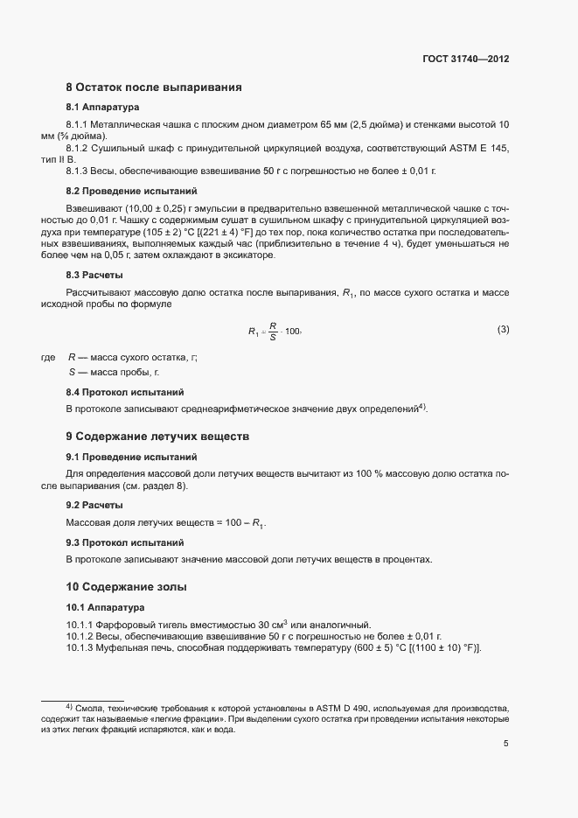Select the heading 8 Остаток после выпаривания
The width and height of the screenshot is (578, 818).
pyautogui.click(x=153, y=87)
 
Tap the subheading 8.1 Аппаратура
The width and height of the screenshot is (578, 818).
pyautogui.click(x=102, y=108)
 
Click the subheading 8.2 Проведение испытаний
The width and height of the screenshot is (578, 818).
pyautogui.click(x=131, y=190)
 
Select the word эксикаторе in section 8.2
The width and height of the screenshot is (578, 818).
pyautogui.click(x=247, y=255)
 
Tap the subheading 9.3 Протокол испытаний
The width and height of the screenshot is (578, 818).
pyautogui.click(x=124, y=543)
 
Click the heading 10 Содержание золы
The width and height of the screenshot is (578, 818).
pyautogui.click(x=127, y=586)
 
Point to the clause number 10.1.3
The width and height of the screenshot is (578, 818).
pyautogui.click(x=81, y=647)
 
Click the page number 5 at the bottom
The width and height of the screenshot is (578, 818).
pyautogui.click(x=505, y=744)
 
